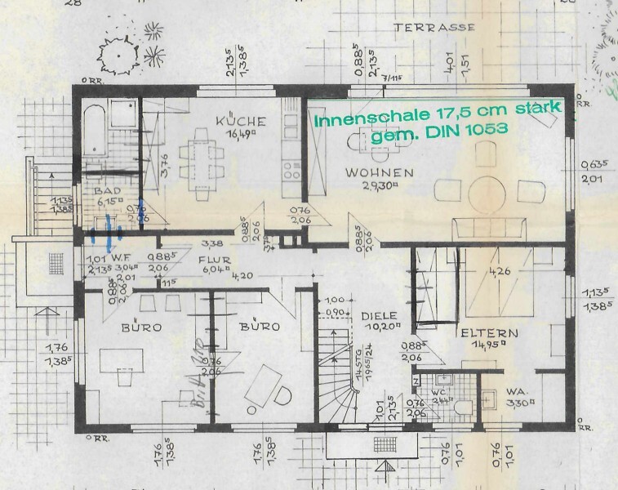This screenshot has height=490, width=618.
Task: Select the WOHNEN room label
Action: pyautogui.click(x=378, y=173)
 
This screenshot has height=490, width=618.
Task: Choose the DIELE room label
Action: pyautogui.click(x=378, y=315)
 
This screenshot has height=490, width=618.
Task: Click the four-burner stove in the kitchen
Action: pyautogui.click(x=291, y=168)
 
